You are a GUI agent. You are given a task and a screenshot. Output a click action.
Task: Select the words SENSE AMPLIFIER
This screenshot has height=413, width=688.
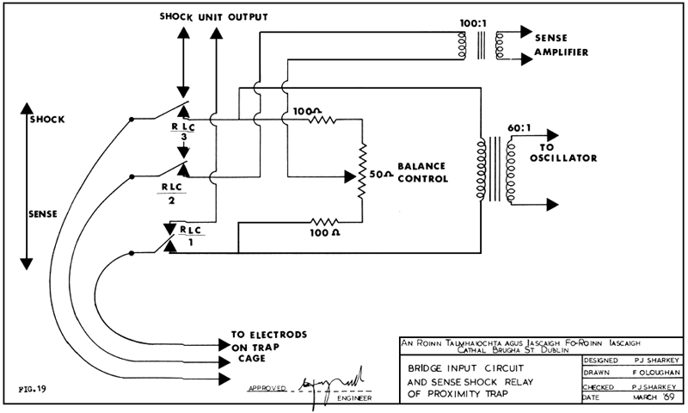[562, 46]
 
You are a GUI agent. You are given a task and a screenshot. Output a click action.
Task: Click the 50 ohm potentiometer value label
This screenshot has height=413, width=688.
[381, 175]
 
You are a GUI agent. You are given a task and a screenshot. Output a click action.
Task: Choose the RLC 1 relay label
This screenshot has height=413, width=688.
[185, 236]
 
